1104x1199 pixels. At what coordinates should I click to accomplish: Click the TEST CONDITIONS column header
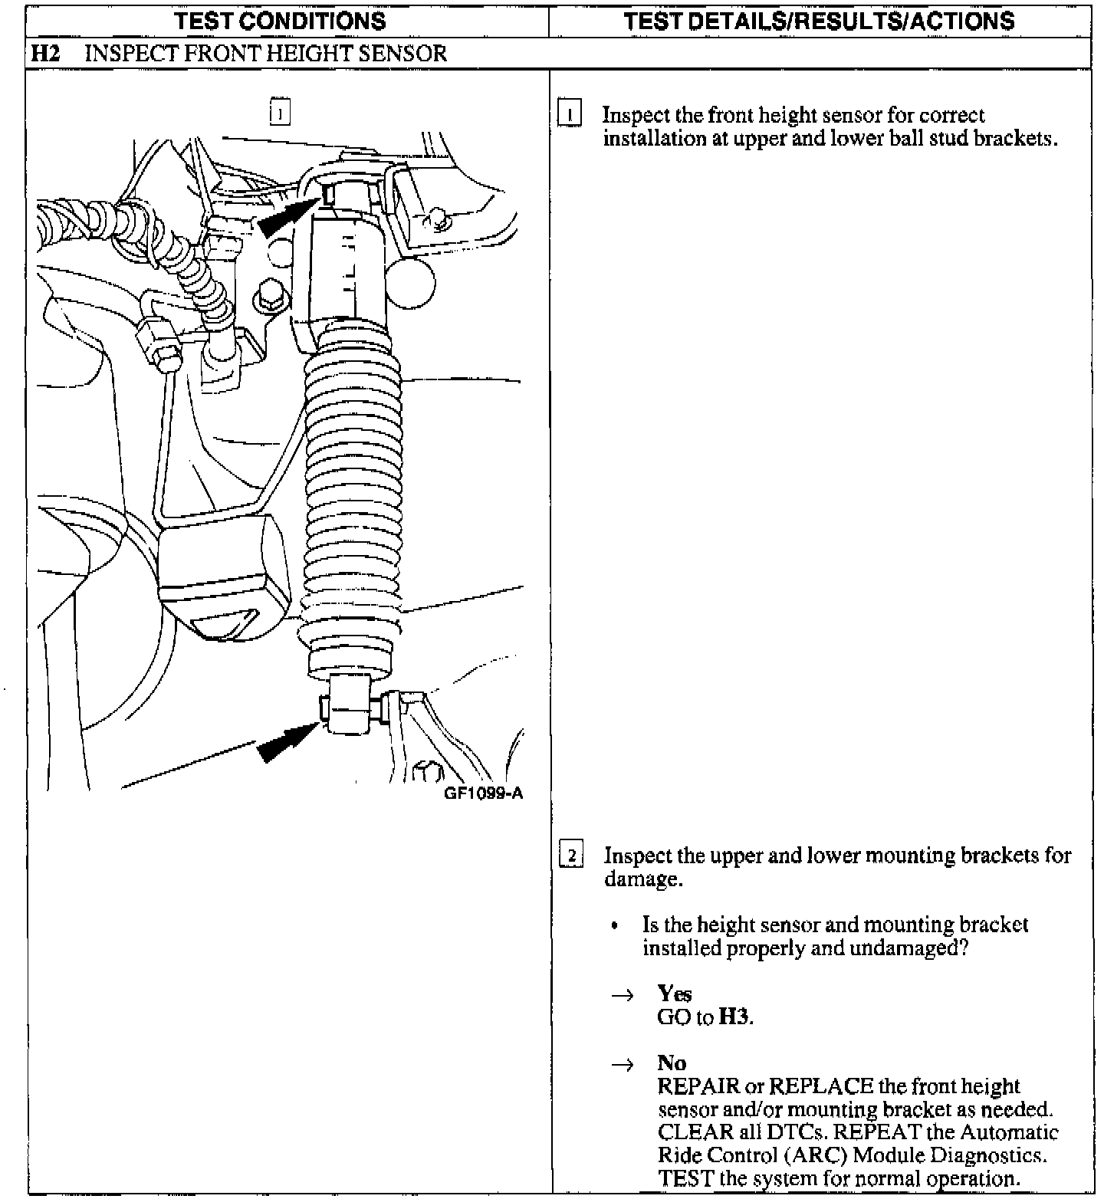281,21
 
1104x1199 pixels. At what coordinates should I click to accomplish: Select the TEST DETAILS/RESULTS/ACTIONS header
819,21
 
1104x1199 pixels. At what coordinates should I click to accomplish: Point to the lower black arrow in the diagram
286,742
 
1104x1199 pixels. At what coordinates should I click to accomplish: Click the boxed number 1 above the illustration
280,113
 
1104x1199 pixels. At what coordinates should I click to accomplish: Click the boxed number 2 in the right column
571,855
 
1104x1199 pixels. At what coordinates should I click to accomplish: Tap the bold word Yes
674,994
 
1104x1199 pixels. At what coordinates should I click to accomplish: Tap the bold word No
672,1063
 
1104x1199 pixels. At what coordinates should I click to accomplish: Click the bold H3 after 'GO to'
734,1017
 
